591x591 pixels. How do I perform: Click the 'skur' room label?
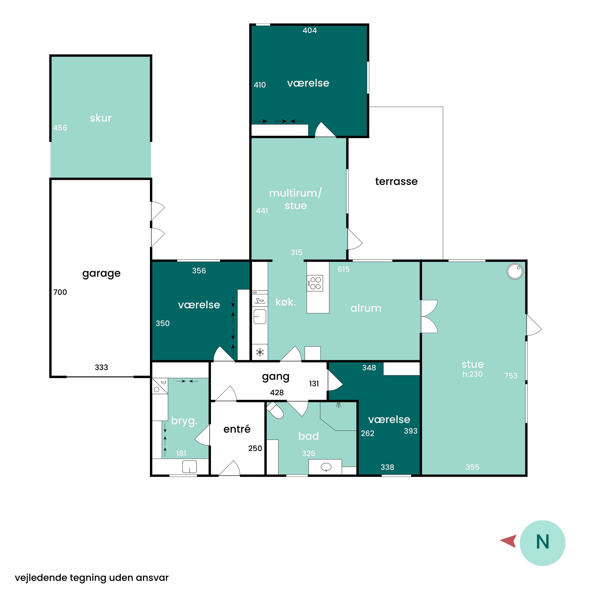point(101,118)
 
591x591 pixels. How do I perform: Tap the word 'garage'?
point(101,273)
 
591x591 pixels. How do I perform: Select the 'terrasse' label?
point(396,181)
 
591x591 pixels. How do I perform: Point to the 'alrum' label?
point(366,308)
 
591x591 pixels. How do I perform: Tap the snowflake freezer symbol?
point(260,352)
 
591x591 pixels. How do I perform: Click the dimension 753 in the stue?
point(511,376)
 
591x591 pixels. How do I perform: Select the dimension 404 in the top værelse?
point(309,30)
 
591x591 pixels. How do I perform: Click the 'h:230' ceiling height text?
point(473,374)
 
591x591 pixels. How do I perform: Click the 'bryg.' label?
point(184,421)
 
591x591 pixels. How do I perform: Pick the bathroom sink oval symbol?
point(326,467)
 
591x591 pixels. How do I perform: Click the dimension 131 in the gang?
point(314,384)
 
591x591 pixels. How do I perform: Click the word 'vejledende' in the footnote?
point(41,578)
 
